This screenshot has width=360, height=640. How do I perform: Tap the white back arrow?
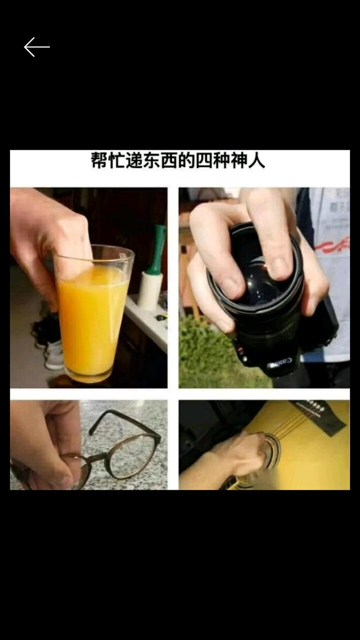[37, 47]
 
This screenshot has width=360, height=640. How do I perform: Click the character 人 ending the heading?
[256, 160]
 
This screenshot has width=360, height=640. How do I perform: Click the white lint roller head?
[150, 291]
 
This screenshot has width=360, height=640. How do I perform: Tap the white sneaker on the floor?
[55, 355]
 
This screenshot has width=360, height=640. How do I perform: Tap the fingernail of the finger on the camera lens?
[279, 267]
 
